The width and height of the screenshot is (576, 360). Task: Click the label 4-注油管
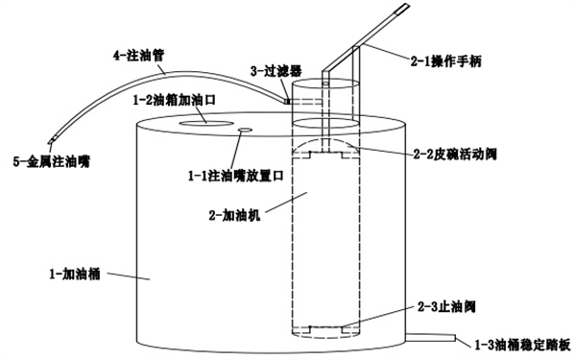point(138,57)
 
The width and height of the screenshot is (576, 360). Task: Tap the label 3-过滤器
point(276,71)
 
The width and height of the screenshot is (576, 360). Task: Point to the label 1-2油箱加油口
point(174,100)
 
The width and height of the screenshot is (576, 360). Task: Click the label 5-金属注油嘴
point(52,162)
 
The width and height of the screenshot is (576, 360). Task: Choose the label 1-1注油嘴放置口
point(236,176)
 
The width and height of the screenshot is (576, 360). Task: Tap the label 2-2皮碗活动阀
point(455,155)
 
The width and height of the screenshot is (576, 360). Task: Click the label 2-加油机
point(234,215)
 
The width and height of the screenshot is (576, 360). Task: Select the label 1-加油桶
point(75,274)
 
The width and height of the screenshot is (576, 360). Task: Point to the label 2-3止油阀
point(446,306)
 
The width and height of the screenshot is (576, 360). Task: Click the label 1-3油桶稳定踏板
point(523,345)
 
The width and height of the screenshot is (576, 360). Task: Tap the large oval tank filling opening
point(205,124)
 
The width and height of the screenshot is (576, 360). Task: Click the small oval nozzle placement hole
point(245,130)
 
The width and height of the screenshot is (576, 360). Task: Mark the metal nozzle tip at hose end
point(52,140)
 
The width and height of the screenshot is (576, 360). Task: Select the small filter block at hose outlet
point(288,100)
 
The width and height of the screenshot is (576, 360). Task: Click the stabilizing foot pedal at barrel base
point(430,337)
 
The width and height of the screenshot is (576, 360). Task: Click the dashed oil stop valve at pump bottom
point(324,329)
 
